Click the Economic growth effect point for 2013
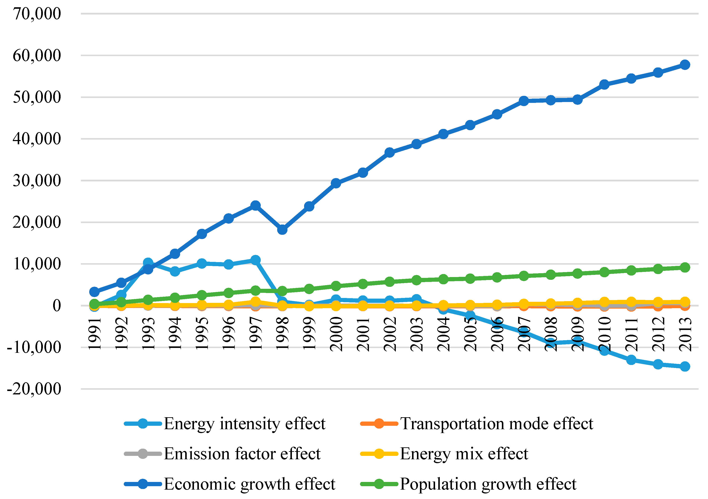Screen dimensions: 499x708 click(685, 65)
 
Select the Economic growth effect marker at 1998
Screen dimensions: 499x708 click(282, 230)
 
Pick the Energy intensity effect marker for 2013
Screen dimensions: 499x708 click(685, 366)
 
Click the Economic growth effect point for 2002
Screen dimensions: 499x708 click(389, 152)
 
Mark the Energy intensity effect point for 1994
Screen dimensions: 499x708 click(175, 271)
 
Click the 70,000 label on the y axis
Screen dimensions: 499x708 click(37, 14)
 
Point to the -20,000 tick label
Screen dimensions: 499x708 click(34, 389)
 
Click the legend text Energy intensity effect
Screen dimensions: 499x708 click(245, 424)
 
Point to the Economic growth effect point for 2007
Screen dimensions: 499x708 click(524, 101)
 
